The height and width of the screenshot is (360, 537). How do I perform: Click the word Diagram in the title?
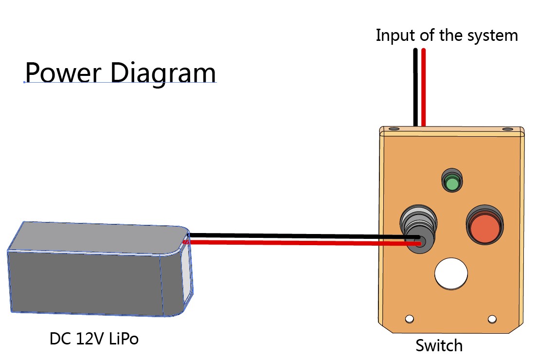coord(163,74)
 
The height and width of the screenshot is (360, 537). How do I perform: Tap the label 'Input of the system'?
coord(447,36)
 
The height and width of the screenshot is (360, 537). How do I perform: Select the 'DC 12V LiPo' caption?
coord(94,339)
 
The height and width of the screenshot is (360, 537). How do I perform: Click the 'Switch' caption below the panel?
coord(439,345)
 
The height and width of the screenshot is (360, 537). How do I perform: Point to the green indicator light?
coord(452,183)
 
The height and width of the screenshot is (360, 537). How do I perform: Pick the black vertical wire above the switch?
coord(415,88)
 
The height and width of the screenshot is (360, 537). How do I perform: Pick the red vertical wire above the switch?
coord(424,88)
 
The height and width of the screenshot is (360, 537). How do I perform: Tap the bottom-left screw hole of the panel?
coord(410,319)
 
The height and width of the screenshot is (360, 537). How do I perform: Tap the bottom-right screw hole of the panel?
coord(492,319)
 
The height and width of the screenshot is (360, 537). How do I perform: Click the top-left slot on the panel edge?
coord(394,129)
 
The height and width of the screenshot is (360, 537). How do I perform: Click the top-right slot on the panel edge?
coord(507,129)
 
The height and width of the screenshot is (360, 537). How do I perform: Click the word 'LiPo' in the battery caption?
coord(124,339)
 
